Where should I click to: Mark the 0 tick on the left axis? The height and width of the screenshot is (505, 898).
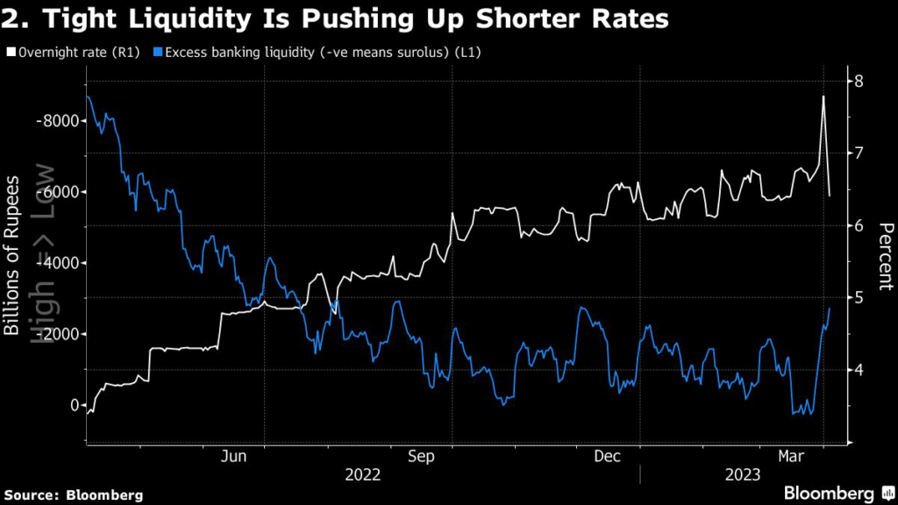(x=72, y=405)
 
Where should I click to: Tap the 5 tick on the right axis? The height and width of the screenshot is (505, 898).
(x=859, y=298)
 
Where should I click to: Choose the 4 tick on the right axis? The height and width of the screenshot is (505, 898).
(x=859, y=370)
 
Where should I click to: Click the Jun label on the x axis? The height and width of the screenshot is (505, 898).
(x=234, y=456)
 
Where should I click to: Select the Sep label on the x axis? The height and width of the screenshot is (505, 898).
(x=422, y=456)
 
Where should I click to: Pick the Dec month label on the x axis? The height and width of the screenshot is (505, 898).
(x=608, y=456)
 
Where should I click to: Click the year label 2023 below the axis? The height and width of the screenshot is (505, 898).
(x=742, y=474)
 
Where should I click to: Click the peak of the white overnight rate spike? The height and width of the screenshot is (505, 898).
(x=823, y=96)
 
